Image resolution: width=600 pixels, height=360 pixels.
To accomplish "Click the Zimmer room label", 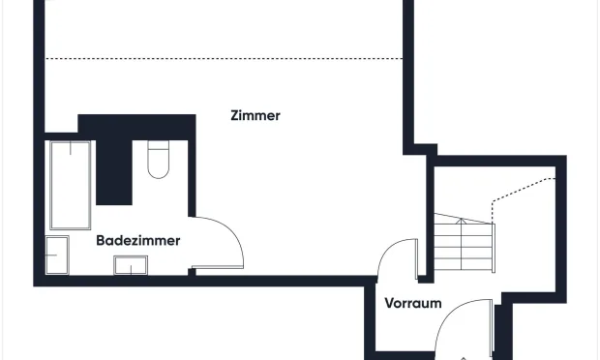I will click(x=255, y=115).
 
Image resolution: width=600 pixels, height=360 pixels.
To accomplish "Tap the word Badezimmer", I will click(x=137, y=240).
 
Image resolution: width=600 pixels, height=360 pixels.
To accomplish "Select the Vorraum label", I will click(x=413, y=303).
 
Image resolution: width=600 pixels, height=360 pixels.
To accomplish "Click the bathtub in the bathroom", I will click(x=70, y=185).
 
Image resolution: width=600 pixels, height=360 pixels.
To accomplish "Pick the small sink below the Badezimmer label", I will click(x=130, y=264).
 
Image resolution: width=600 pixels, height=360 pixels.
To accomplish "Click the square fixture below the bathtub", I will click(x=57, y=255).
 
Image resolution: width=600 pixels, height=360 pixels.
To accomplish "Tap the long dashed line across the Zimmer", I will click(x=223, y=59).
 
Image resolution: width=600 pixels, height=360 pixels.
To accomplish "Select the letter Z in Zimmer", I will click(x=235, y=115).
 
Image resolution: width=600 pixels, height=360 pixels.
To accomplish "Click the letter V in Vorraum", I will click(x=389, y=303).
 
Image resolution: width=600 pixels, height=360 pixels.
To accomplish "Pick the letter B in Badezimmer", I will click(x=101, y=240).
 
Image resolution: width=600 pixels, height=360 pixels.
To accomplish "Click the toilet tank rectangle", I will click(x=159, y=148).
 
